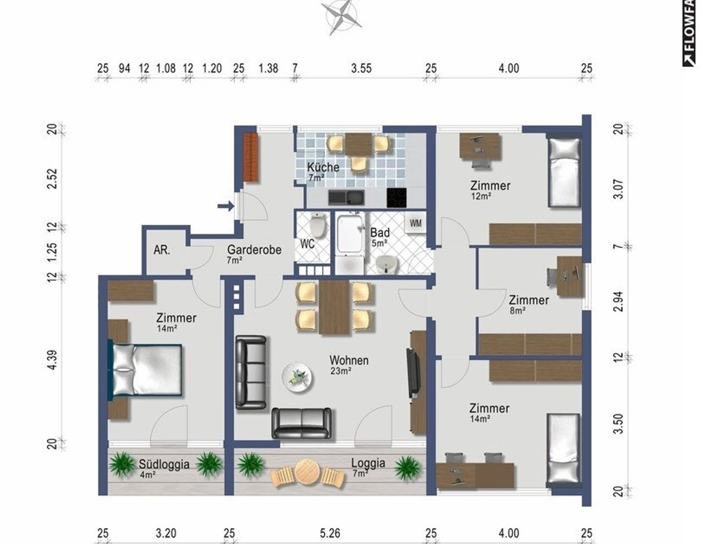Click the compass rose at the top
(x=341, y=16)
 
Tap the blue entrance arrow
(x=225, y=206)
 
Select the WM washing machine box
(x=415, y=224)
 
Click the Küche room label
(x=323, y=167)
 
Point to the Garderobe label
(x=254, y=250)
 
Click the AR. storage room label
(x=162, y=250)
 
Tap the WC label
(x=307, y=244)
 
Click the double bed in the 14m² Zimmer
(x=146, y=370)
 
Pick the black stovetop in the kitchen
(x=396, y=198)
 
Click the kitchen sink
(x=346, y=198)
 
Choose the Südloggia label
(x=164, y=464)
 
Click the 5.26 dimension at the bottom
(x=329, y=533)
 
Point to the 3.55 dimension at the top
(x=361, y=68)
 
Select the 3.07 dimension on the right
(x=619, y=189)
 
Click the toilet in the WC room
(x=318, y=225)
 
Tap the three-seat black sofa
(x=250, y=372)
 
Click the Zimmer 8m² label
(x=529, y=300)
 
